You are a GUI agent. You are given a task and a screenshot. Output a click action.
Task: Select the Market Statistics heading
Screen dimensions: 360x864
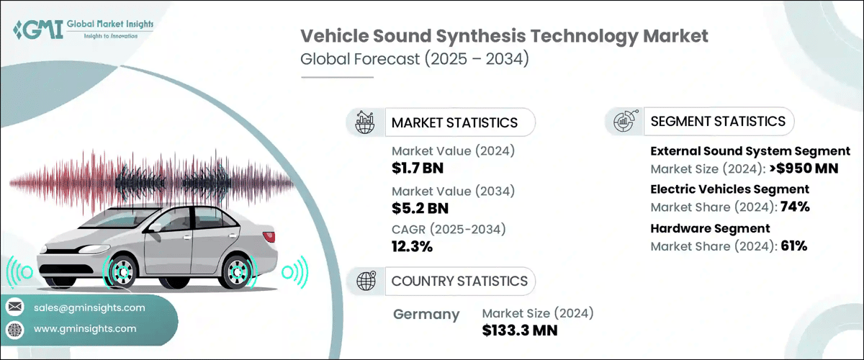pos(454,122)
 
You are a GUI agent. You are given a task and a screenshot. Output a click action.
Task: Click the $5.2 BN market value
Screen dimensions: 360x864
pos(416,209)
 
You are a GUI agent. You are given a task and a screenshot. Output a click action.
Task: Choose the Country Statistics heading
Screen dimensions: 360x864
pos(459,281)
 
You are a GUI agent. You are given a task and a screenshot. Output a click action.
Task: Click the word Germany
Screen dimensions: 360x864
pos(427,314)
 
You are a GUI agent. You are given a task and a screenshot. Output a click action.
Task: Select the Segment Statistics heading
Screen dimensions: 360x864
pos(718,121)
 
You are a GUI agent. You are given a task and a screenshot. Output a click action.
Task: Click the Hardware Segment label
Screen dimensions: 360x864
pos(700,228)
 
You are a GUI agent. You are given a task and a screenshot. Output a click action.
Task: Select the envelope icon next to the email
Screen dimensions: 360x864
pos(14,307)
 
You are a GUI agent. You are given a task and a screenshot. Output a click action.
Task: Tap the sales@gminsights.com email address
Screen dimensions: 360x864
pos(89,307)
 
